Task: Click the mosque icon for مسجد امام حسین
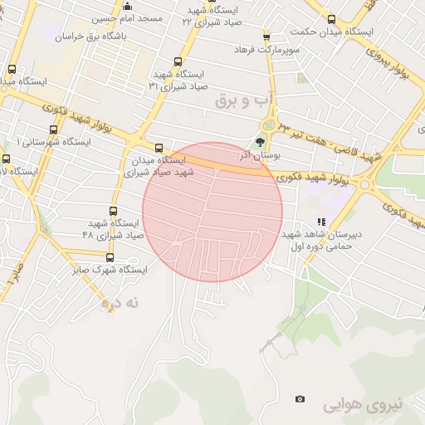pyautogui.click(x=127, y=7)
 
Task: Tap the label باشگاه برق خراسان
pyautogui.click(x=89, y=37)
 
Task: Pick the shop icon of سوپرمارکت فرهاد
pyautogui.click(x=266, y=37)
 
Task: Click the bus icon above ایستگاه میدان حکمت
pyautogui.click(x=332, y=19)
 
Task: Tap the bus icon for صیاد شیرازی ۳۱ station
pyautogui.click(x=178, y=61)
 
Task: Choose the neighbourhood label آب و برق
pyautogui.click(x=243, y=100)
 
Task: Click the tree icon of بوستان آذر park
pyautogui.click(x=260, y=143)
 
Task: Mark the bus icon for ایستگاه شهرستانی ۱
pyautogui.click(x=53, y=129)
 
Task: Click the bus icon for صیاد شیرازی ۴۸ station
pyautogui.click(x=114, y=211)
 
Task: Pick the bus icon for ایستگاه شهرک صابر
pyautogui.click(x=109, y=257)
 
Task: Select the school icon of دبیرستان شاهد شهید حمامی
pyautogui.click(x=321, y=222)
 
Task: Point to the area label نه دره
pyautogui.click(x=118, y=303)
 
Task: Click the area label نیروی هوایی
pyautogui.click(x=362, y=404)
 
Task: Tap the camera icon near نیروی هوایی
pyautogui.click(x=300, y=399)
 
